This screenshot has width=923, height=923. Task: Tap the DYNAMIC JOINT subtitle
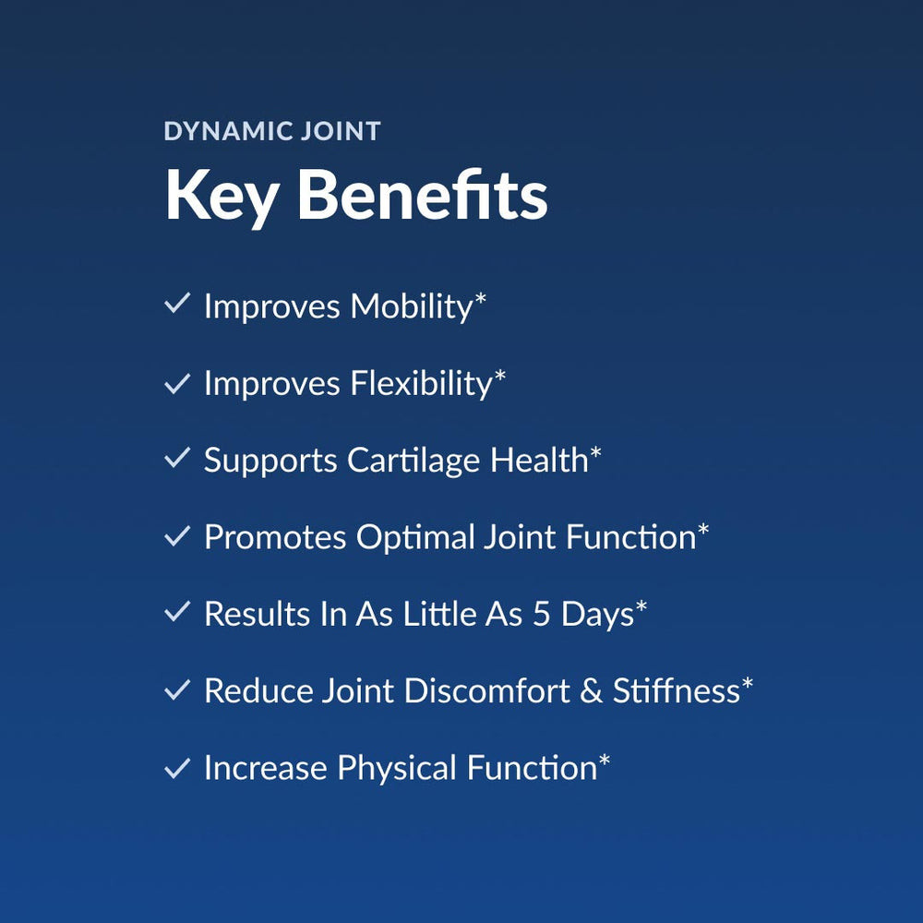tap(272, 131)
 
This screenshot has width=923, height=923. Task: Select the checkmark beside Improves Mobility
tap(176, 304)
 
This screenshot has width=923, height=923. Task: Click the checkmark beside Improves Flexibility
tap(176, 381)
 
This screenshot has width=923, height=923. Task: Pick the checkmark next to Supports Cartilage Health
tap(176, 458)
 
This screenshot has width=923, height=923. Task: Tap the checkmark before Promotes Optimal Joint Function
tap(176, 535)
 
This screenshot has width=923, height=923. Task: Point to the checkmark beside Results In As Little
tap(176, 612)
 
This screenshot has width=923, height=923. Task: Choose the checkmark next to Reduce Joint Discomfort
tap(176, 689)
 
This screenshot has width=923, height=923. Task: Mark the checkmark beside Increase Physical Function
tap(176, 767)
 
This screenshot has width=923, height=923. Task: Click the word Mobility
tap(412, 306)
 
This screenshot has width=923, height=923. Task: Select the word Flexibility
tap(422, 384)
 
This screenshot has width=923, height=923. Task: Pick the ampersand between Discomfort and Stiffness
tap(591, 691)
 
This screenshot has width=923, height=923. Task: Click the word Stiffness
tap(677, 691)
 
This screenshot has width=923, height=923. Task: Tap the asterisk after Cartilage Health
tap(595, 452)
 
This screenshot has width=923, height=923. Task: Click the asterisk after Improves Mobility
tap(480, 298)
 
